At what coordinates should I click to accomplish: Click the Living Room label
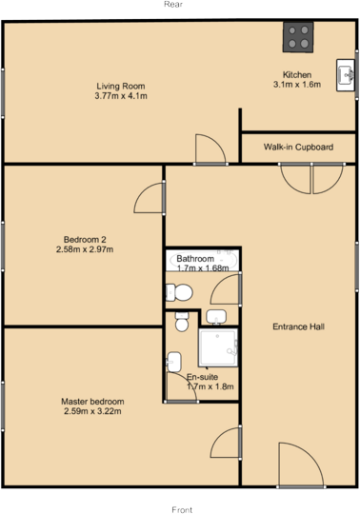click(119, 86)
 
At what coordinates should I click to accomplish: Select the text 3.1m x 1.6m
click(297, 84)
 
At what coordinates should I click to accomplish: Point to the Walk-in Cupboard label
click(298, 148)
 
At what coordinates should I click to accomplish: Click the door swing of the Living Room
click(209, 149)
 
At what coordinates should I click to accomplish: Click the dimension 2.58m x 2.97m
click(85, 249)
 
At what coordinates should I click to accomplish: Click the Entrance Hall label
click(299, 326)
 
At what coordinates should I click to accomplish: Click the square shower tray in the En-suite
click(218, 351)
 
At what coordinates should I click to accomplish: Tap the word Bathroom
click(195, 258)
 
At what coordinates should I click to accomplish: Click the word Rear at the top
click(172, 5)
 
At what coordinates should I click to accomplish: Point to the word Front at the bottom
click(181, 508)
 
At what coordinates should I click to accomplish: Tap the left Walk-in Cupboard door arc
click(296, 178)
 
